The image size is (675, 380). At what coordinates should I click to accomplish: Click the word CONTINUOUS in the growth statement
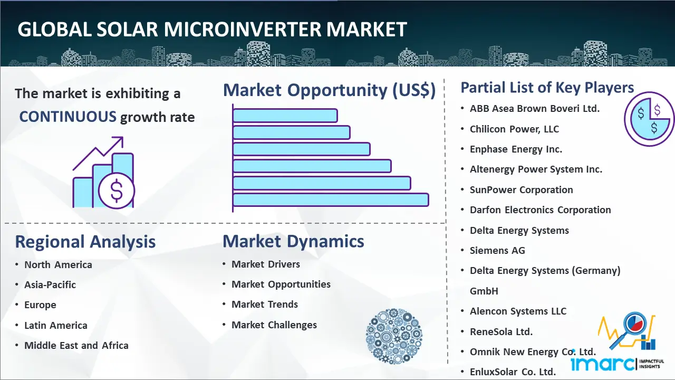coord(68,117)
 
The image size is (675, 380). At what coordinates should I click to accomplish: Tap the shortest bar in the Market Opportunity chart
coord(285,116)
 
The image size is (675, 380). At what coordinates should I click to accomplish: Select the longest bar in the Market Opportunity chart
coord(331,200)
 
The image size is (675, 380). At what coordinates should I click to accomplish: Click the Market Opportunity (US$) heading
coord(330,90)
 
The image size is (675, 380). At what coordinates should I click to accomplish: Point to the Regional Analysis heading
coord(85,242)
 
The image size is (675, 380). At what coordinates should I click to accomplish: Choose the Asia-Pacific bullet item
coord(50,284)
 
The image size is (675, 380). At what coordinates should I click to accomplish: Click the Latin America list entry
coord(56,326)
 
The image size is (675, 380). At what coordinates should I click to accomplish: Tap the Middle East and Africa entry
coord(76,345)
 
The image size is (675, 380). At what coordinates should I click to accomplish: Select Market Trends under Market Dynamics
coord(265,305)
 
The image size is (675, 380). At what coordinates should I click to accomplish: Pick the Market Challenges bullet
coord(274,325)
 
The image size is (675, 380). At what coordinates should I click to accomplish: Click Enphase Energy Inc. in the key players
coord(516,149)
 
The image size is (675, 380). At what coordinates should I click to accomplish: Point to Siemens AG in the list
coord(497,250)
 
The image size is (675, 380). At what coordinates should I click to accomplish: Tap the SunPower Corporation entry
coord(522,189)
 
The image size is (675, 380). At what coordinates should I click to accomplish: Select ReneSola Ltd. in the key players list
coord(501,332)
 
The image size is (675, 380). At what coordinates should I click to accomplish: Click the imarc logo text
coord(603,364)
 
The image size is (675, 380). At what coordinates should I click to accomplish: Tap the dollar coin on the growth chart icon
coord(117,191)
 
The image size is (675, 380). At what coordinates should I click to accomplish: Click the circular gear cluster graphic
coord(394,336)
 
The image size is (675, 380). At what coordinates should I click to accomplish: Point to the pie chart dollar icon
coord(649,119)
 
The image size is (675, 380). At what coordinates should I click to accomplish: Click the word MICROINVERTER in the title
coord(243,30)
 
